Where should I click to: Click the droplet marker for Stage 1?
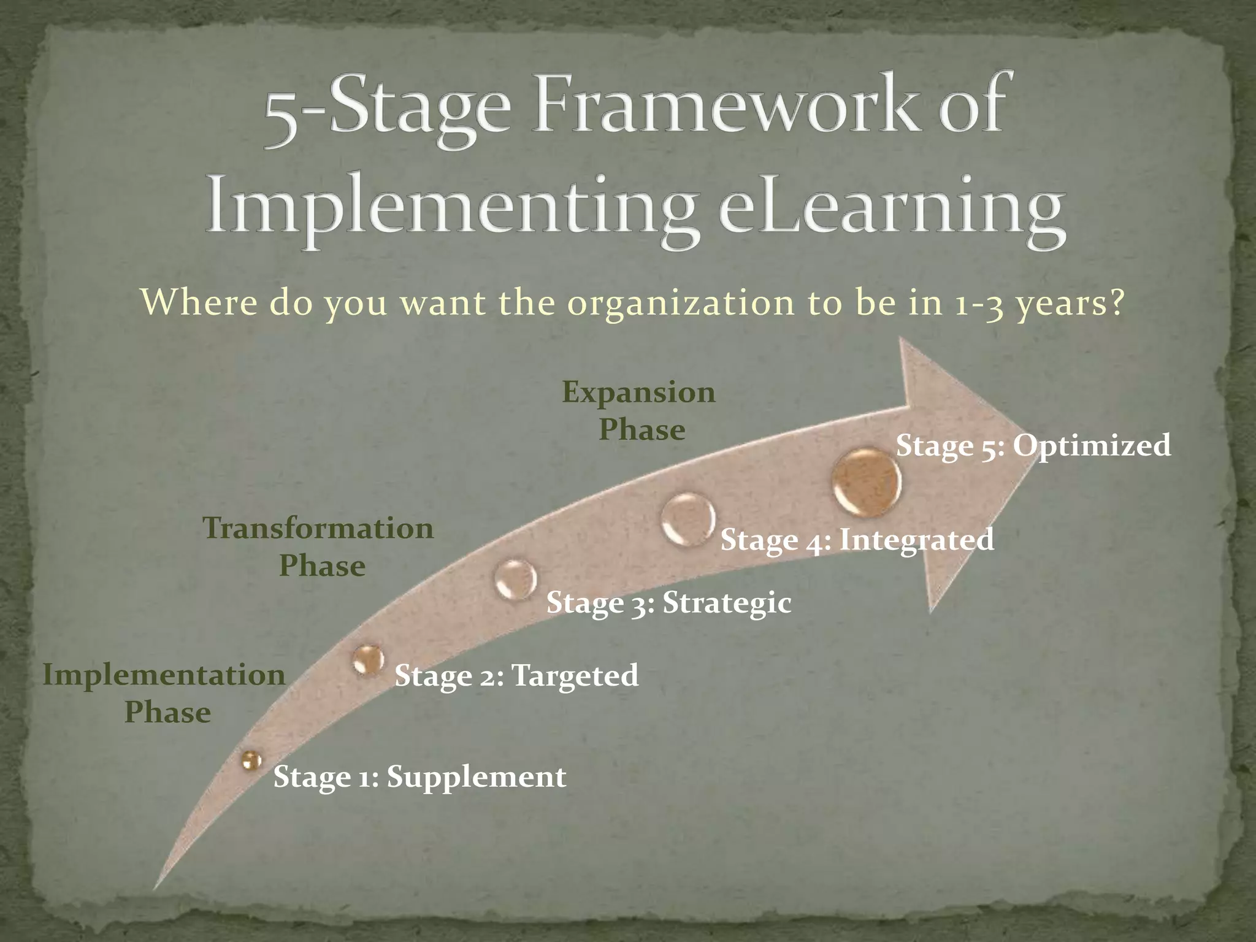[x=250, y=761]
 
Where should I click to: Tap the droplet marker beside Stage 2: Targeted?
[x=369, y=660]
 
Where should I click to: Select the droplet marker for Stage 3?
[x=515, y=579]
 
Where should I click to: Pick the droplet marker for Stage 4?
[x=688, y=519]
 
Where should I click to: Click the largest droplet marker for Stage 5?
[x=867, y=481]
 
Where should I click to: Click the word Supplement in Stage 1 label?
[x=477, y=777]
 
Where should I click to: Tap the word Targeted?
[x=575, y=676]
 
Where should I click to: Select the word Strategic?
[x=727, y=603]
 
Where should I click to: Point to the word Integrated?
[x=916, y=540]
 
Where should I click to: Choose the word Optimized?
[x=1092, y=445]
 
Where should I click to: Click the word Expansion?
[x=638, y=392]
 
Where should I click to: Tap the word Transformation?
[x=318, y=529]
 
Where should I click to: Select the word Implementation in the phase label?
[x=164, y=675]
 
